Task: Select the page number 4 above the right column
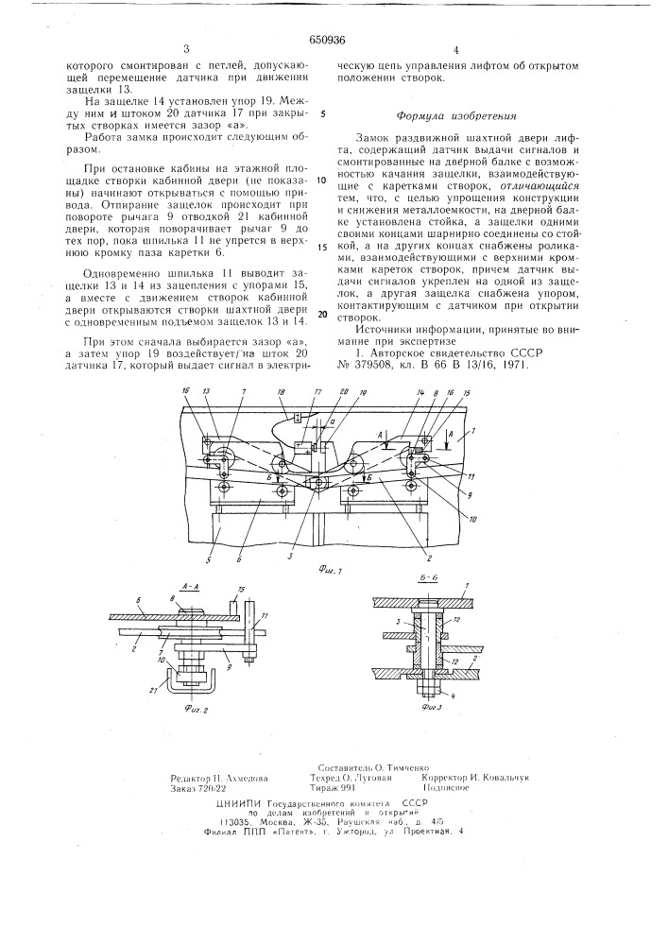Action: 455,48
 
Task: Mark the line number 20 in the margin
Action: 321,315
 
